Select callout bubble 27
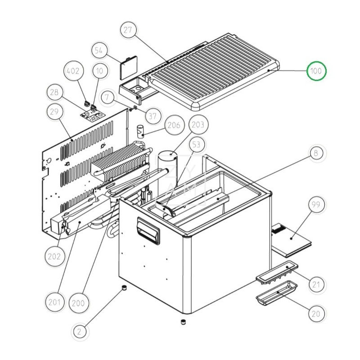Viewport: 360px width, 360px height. pyautogui.click(x=128, y=30)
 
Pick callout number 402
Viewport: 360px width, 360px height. pyautogui.click(x=73, y=71)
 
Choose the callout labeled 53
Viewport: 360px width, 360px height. pyautogui.click(x=196, y=144)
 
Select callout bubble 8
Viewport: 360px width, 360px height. pyautogui.click(x=316, y=153)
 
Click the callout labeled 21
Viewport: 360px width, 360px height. pyautogui.click(x=316, y=284)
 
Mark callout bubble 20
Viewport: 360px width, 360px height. pyautogui.click(x=316, y=314)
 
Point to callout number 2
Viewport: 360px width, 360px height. pyautogui.click(x=80, y=332)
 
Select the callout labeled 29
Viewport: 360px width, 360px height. pyautogui.click(x=54, y=112)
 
